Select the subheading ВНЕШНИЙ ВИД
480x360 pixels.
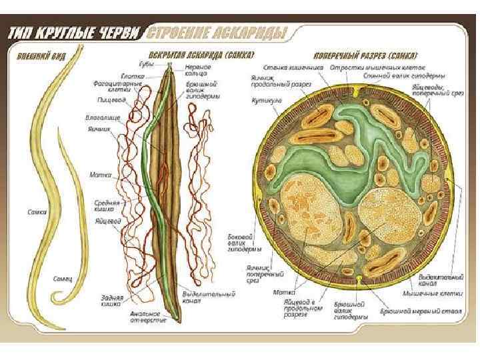point(37,55)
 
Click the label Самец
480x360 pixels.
point(63,277)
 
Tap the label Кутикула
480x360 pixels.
point(264,101)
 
